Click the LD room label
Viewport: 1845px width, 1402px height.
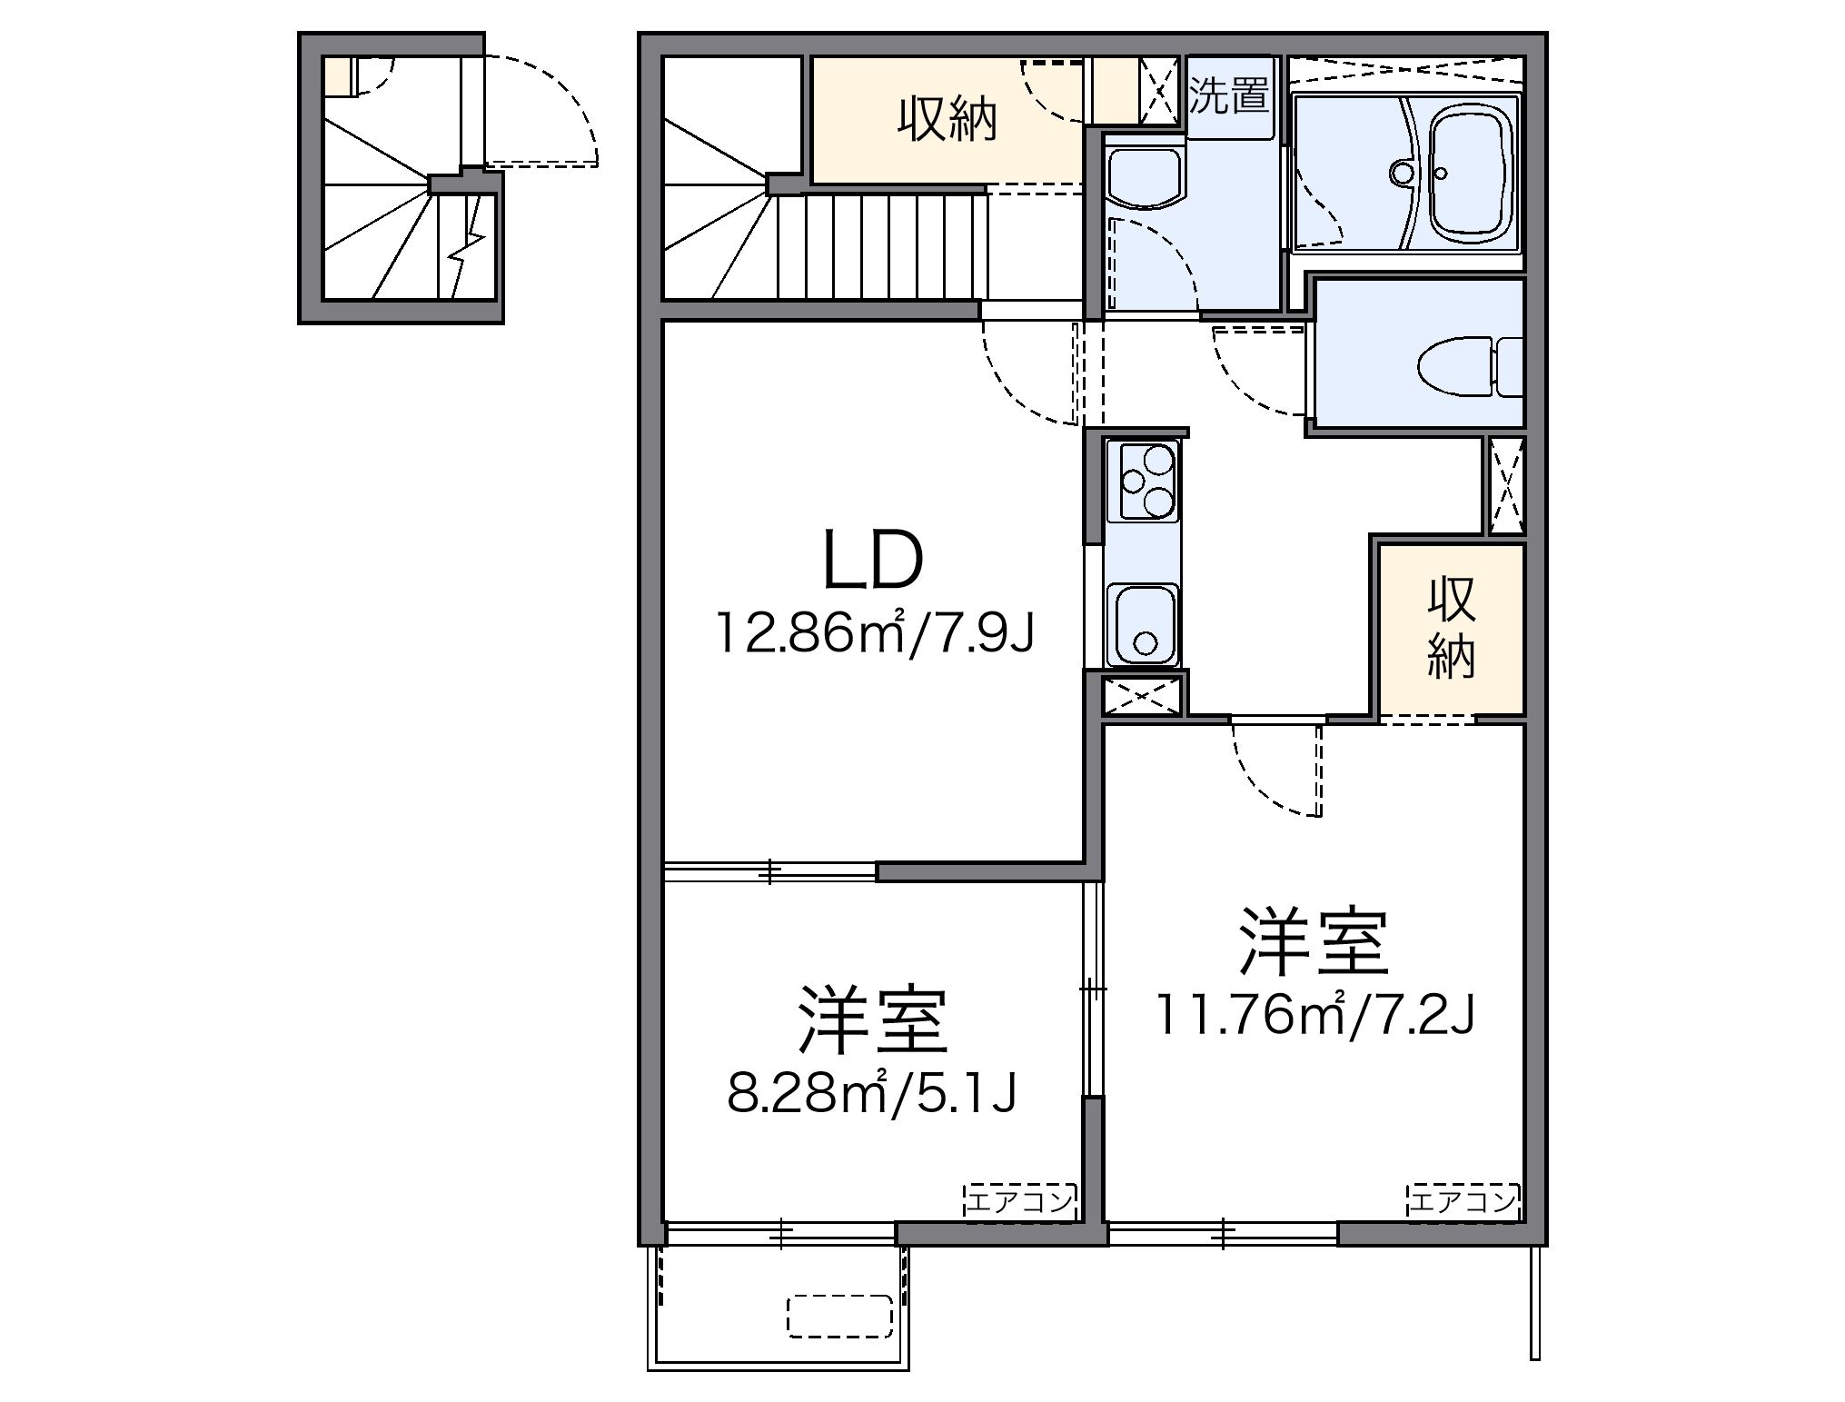point(872,562)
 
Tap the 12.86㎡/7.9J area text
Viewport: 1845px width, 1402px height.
point(875,633)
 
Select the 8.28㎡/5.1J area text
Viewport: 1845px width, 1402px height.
point(870,1094)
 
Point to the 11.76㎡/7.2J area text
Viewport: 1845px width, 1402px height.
point(1313,1015)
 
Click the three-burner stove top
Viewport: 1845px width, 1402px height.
point(1142,481)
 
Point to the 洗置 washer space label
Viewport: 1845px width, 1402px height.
point(1229,95)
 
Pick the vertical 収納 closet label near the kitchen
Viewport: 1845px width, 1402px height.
point(1451,627)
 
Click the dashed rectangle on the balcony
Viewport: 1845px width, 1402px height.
point(838,1315)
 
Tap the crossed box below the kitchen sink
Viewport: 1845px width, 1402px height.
point(1143,696)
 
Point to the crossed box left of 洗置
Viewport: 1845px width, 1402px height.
point(1160,91)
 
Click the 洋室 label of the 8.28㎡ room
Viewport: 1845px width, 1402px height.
point(873,1020)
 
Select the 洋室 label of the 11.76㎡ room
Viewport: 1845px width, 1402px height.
point(1314,942)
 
